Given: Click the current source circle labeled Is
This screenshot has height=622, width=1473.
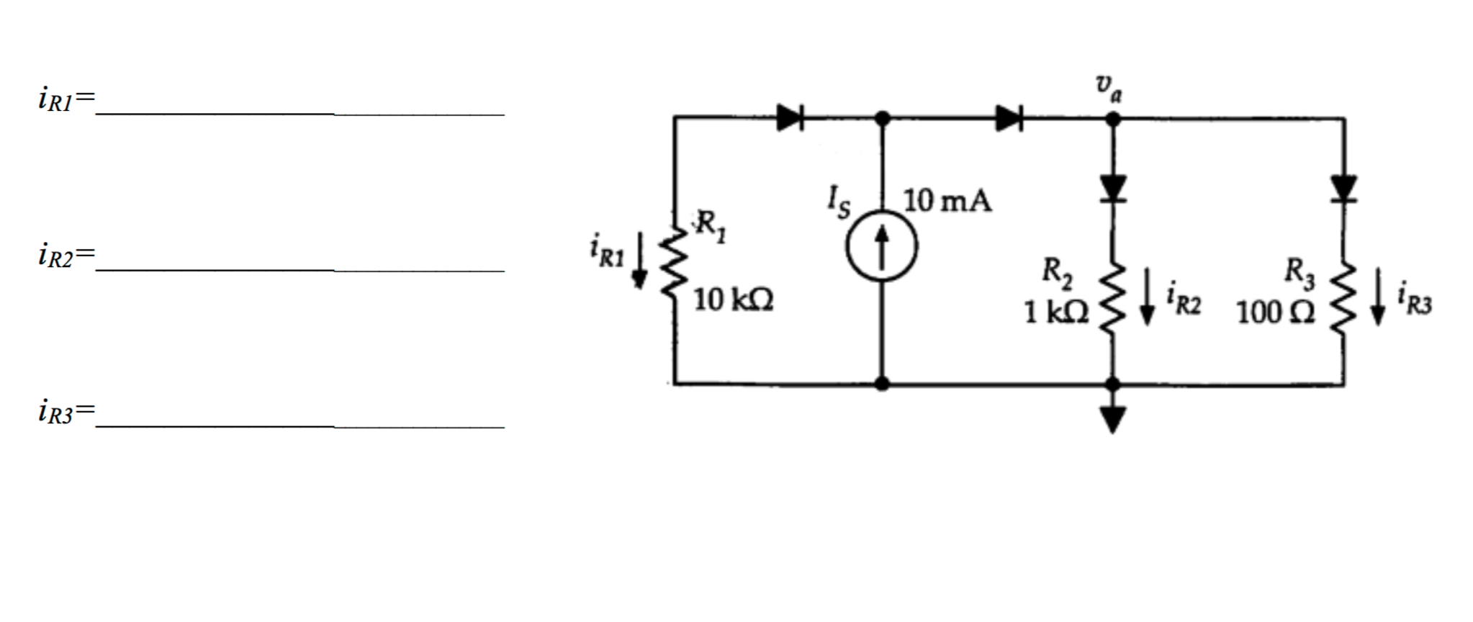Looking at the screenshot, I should click(881, 247).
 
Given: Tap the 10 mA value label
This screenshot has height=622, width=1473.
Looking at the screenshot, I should click(947, 201).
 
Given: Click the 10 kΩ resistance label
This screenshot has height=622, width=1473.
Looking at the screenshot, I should click(733, 299).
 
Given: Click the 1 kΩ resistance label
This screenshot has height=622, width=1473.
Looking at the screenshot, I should click(1056, 312).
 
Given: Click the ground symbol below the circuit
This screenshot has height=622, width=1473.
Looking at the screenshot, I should click(1113, 418).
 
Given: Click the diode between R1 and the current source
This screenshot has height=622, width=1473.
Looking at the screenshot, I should click(790, 117).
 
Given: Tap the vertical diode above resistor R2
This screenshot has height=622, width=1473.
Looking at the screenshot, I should click(1113, 189).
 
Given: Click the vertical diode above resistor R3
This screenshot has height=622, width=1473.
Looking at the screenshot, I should click(1343, 189).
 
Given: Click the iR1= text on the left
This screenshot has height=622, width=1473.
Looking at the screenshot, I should click(66, 99).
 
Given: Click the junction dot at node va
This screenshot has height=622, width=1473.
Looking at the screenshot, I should click(1113, 119).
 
